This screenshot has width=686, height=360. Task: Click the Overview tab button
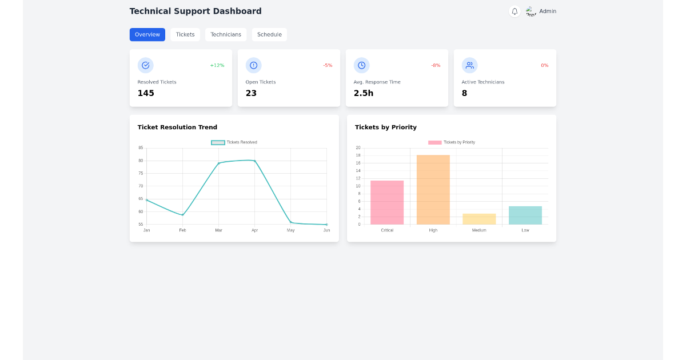[x=147, y=35]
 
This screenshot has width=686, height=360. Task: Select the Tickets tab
[x=185, y=35]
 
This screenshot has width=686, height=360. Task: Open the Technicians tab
[x=226, y=35]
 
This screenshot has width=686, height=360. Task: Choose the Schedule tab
[x=269, y=35]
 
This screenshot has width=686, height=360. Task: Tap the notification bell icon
[x=514, y=11]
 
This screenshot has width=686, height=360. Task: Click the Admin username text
[x=548, y=11]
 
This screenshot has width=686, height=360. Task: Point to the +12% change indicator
[x=217, y=66]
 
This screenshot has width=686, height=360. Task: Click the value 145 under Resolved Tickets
[x=146, y=93]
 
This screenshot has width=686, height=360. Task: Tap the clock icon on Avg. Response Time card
[x=362, y=65]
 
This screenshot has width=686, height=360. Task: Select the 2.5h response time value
[x=364, y=93]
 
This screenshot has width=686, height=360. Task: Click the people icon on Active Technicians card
[x=470, y=65]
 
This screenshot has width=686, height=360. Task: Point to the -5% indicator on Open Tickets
[x=328, y=66]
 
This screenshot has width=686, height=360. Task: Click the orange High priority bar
[x=433, y=190]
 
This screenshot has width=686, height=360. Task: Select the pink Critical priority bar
[x=387, y=202]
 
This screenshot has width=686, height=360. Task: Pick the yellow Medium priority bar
[x=479, y=219]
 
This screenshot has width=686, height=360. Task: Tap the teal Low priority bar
[x=525, y=215]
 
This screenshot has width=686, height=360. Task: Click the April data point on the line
[x=254, y=161]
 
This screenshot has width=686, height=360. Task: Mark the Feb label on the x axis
[x=182, y=230]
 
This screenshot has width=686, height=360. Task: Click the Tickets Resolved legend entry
[x=234, y=142]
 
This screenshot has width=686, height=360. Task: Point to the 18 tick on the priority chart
[x=358, y=155]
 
